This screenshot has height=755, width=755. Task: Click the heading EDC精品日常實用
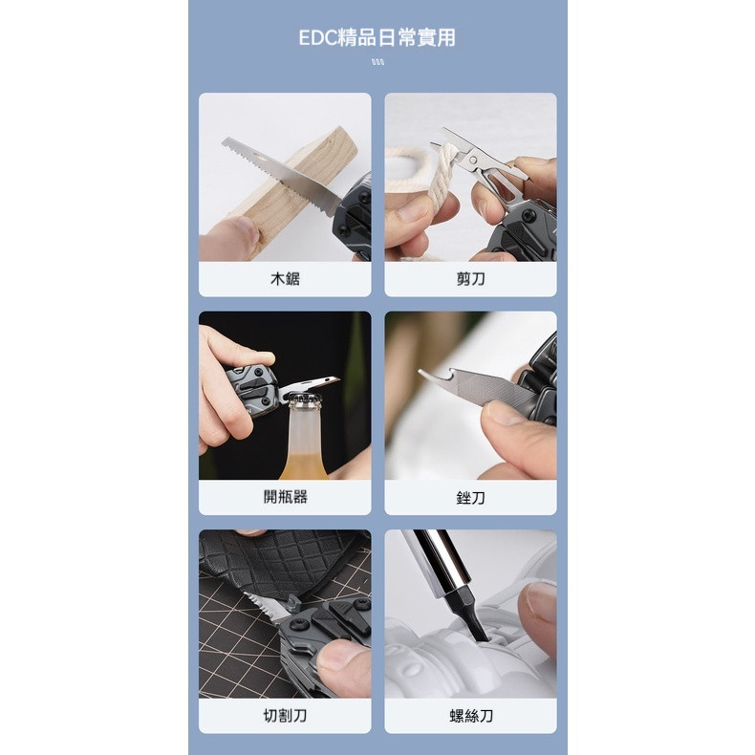[x=377, y=37]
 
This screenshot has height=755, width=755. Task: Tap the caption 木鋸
[x=285, y=279]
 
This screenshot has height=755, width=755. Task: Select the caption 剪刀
[x=470, y=279]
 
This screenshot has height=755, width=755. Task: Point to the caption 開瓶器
[x=285, y=497]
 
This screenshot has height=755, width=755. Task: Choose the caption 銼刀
[x=470, y=497]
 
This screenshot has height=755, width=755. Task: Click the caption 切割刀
[x=285, y=716]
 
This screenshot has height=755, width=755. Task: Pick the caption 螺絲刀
[x=470, y=716]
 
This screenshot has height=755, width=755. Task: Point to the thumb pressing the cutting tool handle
[x=343, y=669]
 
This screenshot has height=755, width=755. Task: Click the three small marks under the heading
[x=378, y=61]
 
